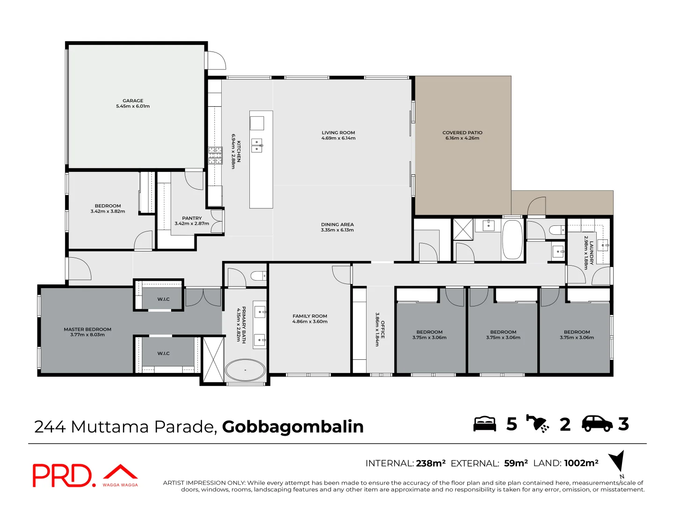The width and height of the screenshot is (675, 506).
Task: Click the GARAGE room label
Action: pyautogui.click(x=133, y=101)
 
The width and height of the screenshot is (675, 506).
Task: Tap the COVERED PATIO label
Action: pyautogui.click(x=462, y=133)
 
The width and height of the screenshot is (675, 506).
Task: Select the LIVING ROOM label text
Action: pyautogui.click(x=338, y=133)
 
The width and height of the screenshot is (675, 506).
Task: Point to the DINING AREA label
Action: pyautogui.click(x=337, y=224)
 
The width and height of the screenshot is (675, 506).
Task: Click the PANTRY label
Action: pyautogui.click(x=192, y=218)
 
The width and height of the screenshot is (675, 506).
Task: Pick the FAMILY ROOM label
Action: pyautogui.click(x=310, y=316)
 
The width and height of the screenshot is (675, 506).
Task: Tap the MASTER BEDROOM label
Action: pyautogui.click(x=88, y=329)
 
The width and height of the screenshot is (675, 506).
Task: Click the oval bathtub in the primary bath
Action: pyautogui.click(x=245, y=371)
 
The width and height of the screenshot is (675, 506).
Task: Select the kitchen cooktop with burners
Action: pyautogui.click(x=215, y=156)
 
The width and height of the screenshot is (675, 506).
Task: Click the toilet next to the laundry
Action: pyautogui.click(x=557, y=230)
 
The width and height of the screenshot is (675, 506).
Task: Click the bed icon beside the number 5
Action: pyautogui.click(x=485, y=424)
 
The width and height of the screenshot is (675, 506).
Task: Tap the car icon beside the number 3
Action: pyautogui.click(x=597, y=424)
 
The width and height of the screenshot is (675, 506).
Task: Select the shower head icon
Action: pyautogui.click(x=538, y=424)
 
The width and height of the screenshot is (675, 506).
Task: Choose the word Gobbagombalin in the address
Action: pyautogui.click(x=292, y=427)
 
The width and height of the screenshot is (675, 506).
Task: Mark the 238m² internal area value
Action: pyautogui.click(x=430, y=463)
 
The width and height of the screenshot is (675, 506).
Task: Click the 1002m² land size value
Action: pyautogui.click(x=581, y=463)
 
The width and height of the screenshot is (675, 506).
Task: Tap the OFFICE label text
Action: pyautogui.click(x=382, y=329)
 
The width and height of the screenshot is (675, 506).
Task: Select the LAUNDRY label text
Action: pyautogui.click(x=592, y=253)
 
